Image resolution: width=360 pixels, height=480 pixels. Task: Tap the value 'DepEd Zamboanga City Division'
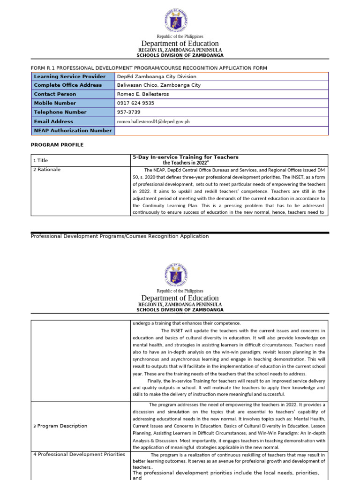point(157,76)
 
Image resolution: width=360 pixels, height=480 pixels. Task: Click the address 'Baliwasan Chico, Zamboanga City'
point(158,85)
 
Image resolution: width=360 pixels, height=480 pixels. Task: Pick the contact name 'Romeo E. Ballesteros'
point(143,94)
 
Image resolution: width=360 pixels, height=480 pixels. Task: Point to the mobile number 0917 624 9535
point(135,103)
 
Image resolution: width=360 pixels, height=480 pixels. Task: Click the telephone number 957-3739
point(128,112)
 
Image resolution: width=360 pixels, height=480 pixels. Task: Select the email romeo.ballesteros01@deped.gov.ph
point(153,121)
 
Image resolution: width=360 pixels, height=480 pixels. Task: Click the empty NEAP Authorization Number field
point(221,131)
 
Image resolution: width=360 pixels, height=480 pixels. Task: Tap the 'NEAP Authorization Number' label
point(73,131)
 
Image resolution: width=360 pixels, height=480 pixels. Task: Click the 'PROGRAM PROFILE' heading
point(57,145)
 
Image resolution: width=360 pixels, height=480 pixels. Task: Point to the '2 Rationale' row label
point(47,170)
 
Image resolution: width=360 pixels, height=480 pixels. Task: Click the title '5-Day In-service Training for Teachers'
point(186,157)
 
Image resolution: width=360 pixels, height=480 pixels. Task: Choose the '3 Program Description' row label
point(60,426)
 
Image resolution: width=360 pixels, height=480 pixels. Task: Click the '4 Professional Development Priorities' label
point(79,454)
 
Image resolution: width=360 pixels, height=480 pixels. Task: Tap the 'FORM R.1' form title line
point(149,68)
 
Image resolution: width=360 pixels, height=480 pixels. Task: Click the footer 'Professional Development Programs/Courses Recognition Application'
point(120,236)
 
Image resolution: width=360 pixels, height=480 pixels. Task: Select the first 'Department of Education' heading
point(180,44)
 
